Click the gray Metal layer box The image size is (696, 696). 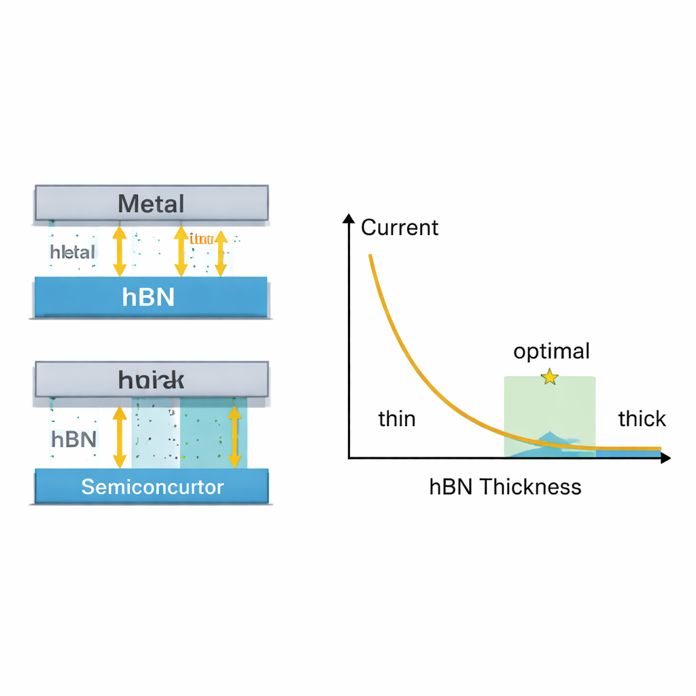(x=151, y=203)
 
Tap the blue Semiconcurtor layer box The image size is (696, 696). (x=152, y=487)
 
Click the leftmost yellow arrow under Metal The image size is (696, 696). (x=120, y=251)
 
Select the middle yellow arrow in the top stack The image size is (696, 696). (x=181, y=251)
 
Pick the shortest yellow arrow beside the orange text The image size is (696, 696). (x=221, y=256)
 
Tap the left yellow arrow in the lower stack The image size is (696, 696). (x=120, y=437)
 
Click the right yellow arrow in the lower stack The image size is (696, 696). (x=234, y=437)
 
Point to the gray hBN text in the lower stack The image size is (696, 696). (x=73, y=439)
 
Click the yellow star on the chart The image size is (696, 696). (x=549, y=377)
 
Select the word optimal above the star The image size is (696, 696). (x=551, y=351)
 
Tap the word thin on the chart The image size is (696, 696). (x=397, y=419)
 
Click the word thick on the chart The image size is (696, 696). (x=642, y=419)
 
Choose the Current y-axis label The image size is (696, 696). (x=400, y=228)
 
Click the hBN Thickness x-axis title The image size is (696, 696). (x=505, y=487)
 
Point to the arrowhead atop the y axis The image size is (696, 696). (x=349, y=219)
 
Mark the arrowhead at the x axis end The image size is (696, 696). (x=665, y=458)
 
